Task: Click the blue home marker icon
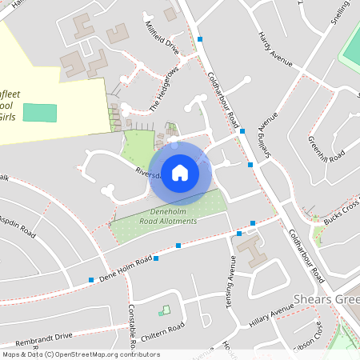(x=180, y=172)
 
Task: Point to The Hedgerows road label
(x=164, y=87)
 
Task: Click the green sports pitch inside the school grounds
(x=40, y=112)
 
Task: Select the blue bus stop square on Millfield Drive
(x=200, y=39)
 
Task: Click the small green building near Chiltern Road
(x=165, y=310)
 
